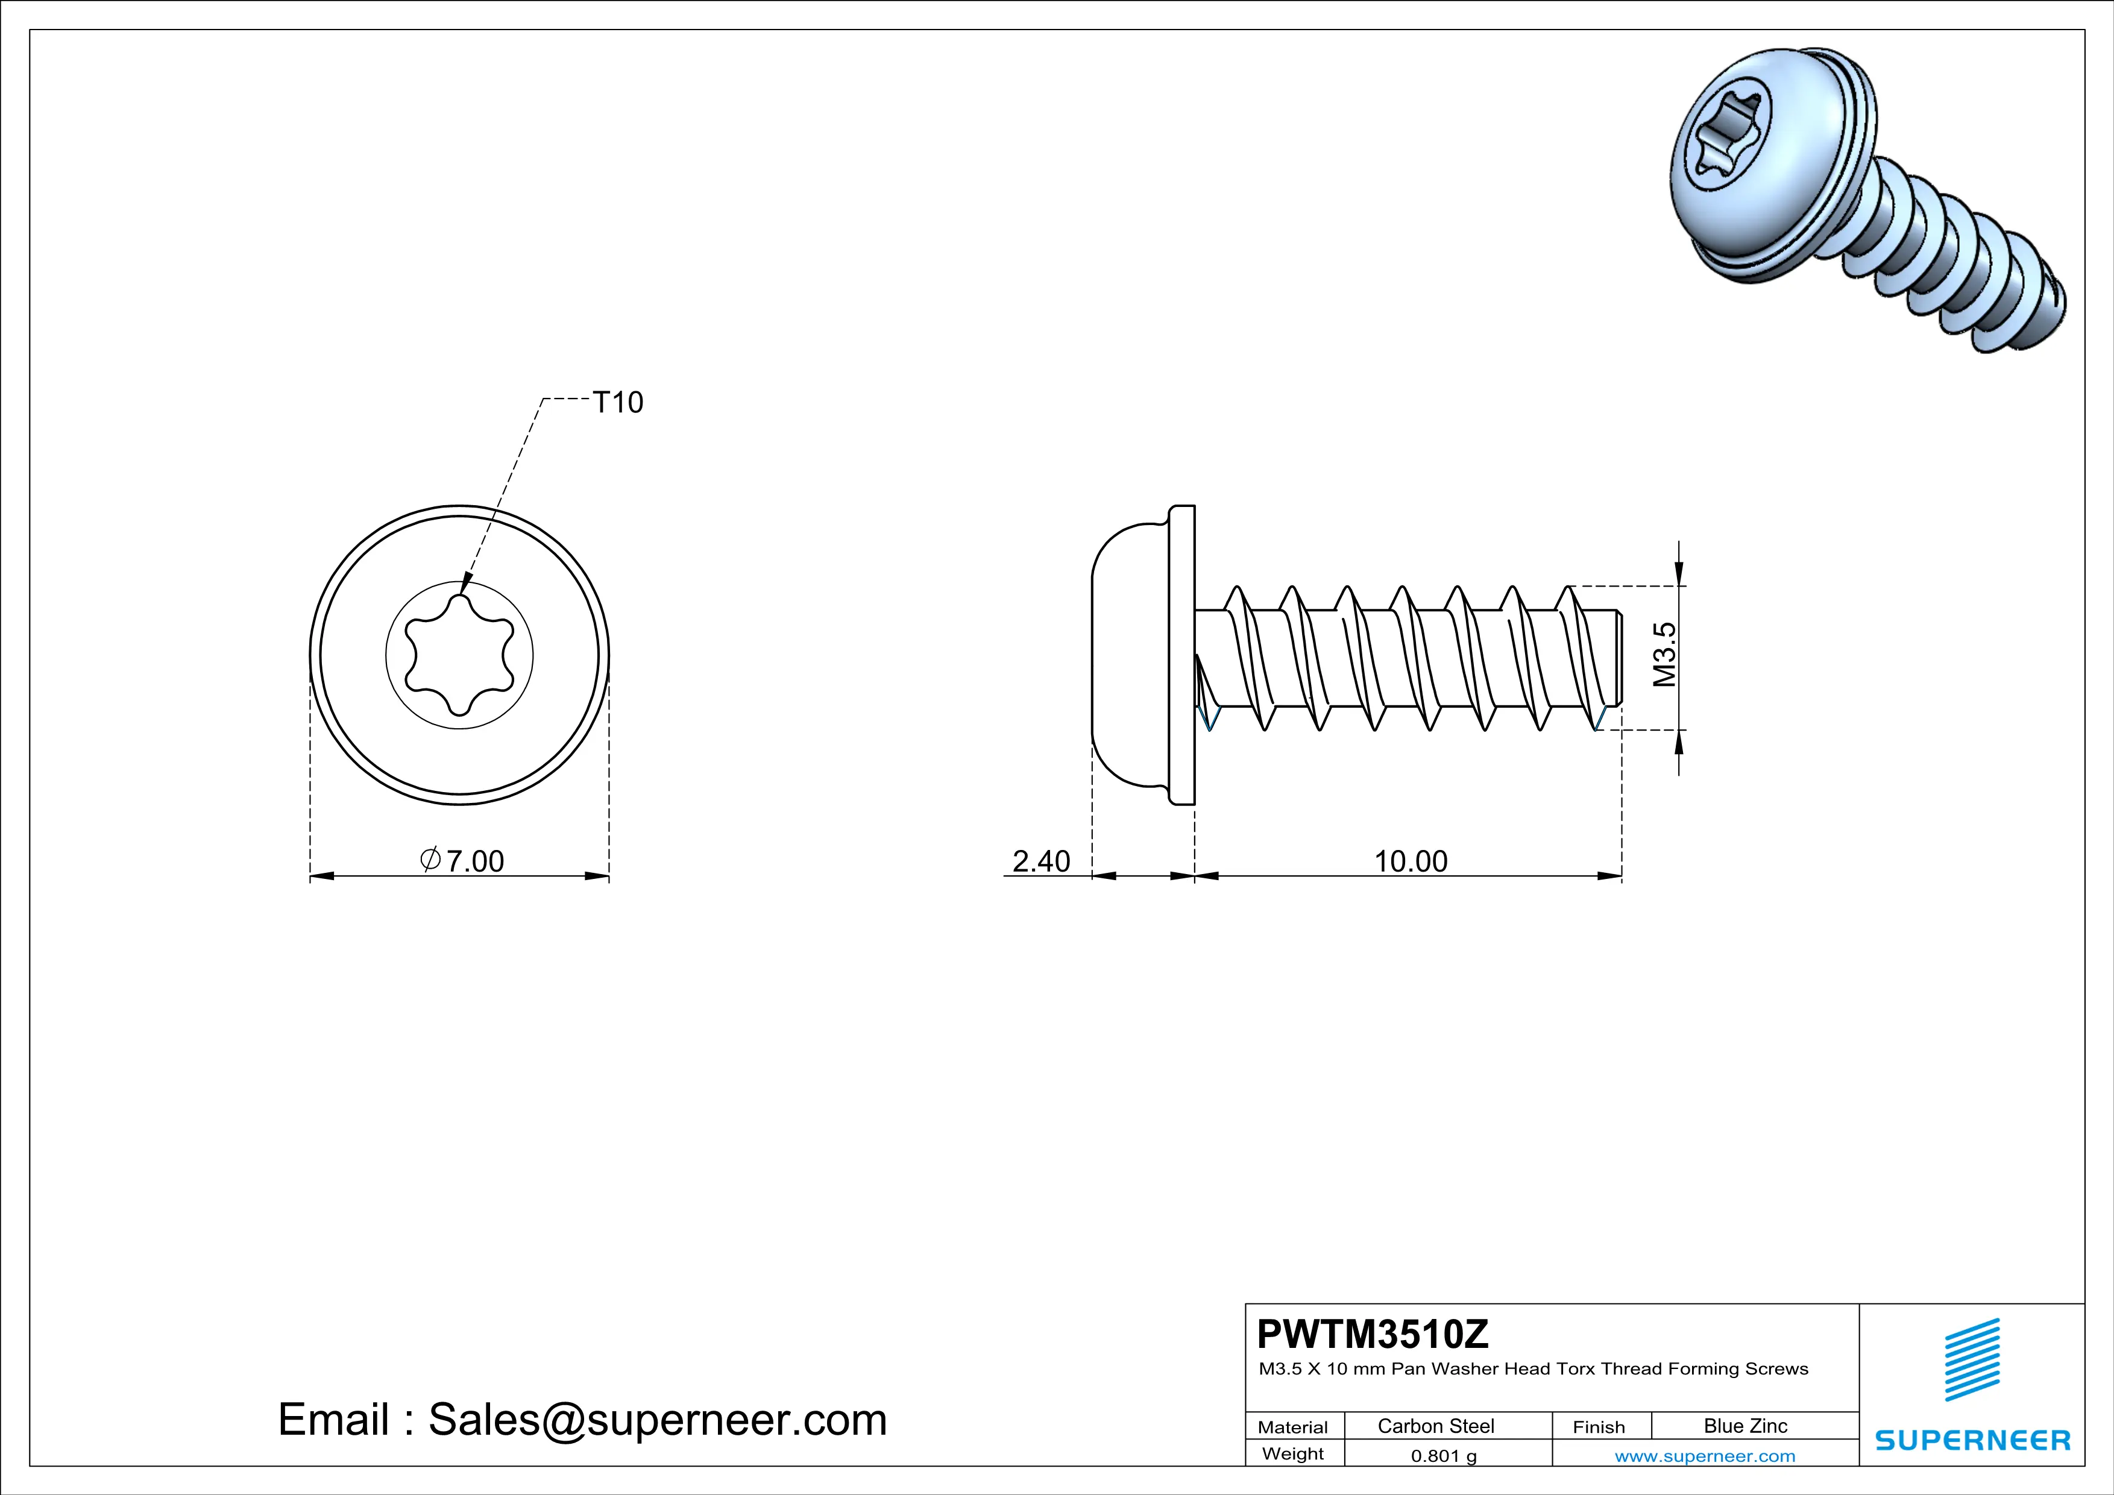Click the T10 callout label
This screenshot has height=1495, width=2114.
(x=618, y=402)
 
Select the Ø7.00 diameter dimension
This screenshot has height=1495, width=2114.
(x=463, y=861)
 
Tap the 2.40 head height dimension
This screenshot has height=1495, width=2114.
(x=1042, y=861)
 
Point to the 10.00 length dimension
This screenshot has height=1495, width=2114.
(x=1411, y=861)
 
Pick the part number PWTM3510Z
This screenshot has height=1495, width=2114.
(x=1373, y=1334)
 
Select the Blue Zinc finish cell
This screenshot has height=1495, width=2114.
(x=1746, y=1426)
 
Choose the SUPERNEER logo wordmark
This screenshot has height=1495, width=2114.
(x=1972, y=1440)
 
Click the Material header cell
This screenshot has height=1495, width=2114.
(x=1293, y=1427)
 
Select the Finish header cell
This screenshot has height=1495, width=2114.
(x=1599, y=1427)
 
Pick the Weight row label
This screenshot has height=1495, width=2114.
(x=1293, y=1453)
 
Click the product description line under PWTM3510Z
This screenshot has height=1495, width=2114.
(x=1533, y=1369)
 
